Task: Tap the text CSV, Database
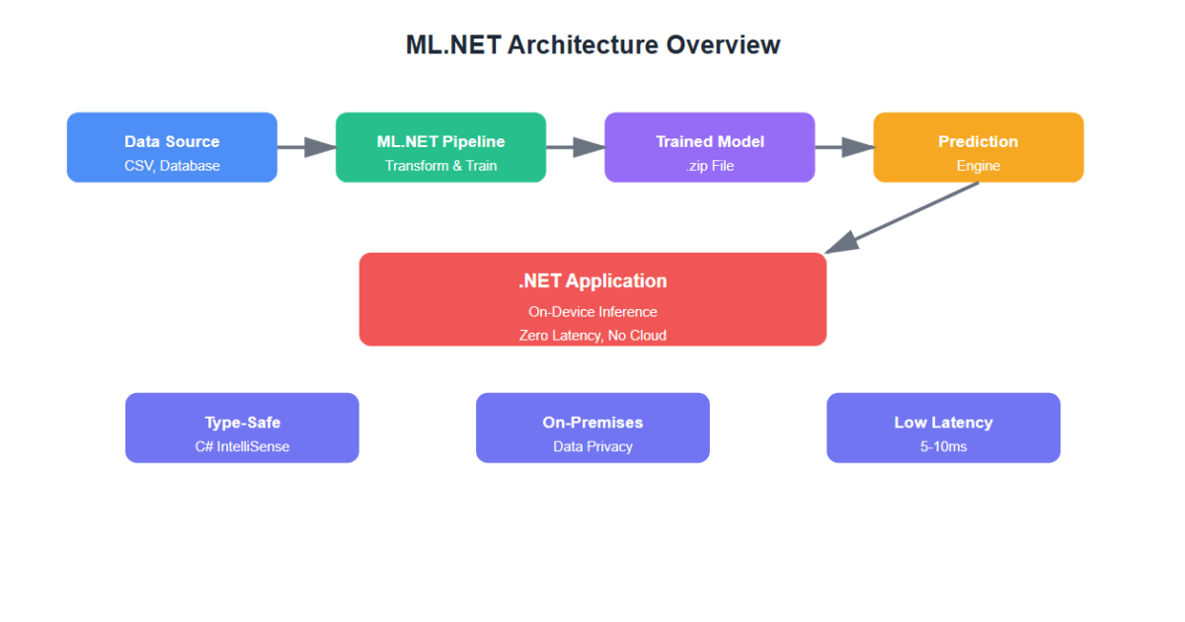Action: [172, 166]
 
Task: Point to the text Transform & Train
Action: [440, 166]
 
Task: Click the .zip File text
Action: [709, 166]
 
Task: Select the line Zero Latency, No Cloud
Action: [592, 336]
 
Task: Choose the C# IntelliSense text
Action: [242, 446]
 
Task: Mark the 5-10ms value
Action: [943, 446]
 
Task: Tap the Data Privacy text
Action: [592, 446]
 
